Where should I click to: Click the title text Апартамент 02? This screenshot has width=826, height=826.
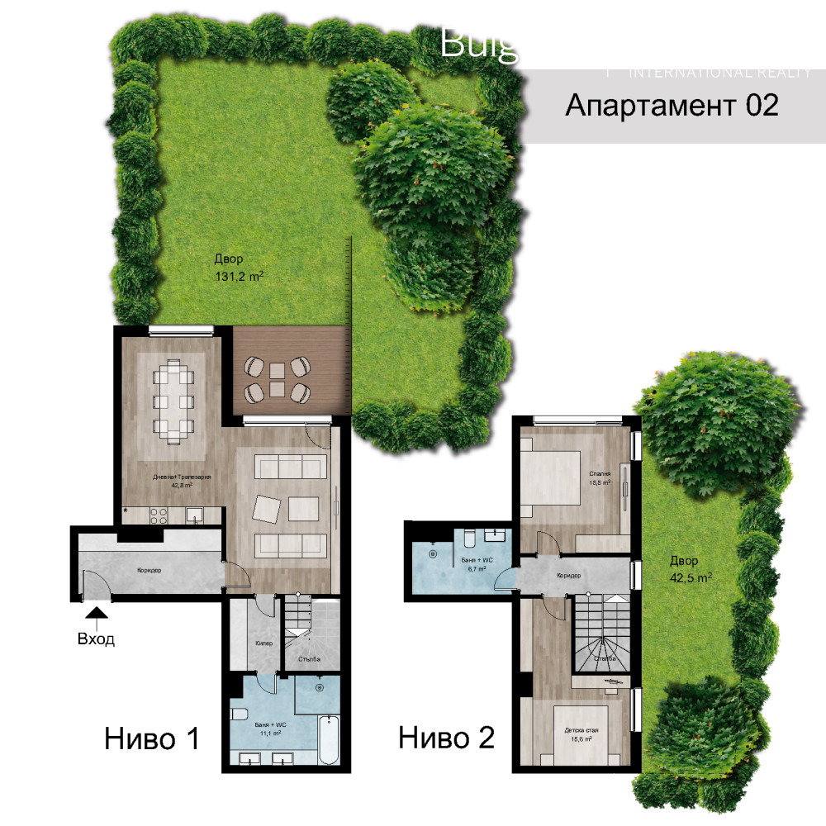pos(672,106)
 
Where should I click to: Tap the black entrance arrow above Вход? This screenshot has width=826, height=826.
pos(97,613)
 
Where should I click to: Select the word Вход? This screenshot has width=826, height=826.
pos(97,638)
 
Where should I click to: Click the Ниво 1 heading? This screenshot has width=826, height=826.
pos(152,738)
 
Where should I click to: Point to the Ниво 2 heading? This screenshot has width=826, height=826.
pos(447,737)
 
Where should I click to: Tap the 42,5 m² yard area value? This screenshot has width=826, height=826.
pos(691,577)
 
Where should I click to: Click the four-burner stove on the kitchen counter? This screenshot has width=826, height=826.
pos(158,515)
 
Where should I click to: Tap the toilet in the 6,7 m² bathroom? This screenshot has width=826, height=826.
pos(468,539)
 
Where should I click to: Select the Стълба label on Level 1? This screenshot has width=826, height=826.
pos(310,658)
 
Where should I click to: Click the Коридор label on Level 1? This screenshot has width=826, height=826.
pos(149,570)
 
